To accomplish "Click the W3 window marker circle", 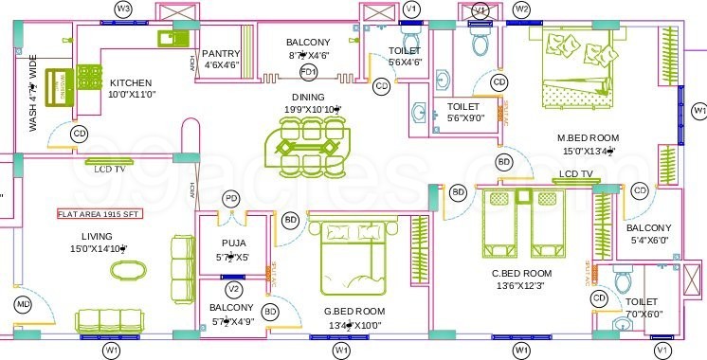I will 123,9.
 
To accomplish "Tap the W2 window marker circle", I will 521,9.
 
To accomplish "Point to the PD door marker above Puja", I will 231,199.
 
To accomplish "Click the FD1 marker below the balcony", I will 308,72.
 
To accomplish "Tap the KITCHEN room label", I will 131,82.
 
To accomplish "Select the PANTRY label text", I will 221,54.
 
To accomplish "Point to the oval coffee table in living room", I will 129,269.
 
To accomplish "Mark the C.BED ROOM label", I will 521,274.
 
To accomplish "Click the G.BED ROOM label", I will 355,311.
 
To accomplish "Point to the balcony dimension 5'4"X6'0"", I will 649,241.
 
